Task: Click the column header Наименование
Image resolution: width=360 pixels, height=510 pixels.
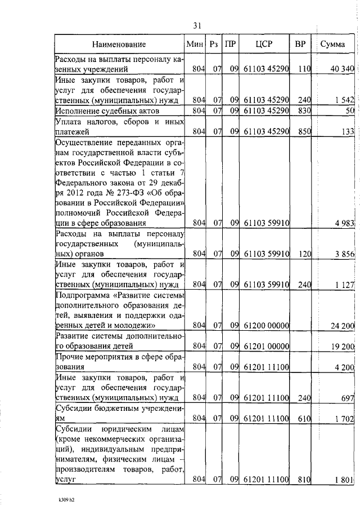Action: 119,45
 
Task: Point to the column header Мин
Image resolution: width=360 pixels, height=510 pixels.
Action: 194,45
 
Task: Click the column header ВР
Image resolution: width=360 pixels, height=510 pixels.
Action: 300,45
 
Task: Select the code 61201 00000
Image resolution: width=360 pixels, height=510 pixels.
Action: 266,346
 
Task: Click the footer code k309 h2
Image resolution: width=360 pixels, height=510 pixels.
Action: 67,499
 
